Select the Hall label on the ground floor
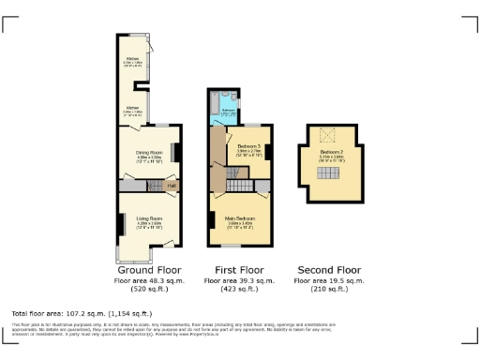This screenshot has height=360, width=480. pos(172,186)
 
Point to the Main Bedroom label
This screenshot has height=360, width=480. pos(242,223)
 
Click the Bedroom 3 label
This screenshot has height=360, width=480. pos(247,148)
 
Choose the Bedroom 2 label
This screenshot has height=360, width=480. pos(329,152)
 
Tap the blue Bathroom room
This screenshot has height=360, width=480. pos(228,109)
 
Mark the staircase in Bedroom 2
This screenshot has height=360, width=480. pos(329,170)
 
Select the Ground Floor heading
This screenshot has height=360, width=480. pos(142,268)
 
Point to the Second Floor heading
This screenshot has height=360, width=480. pos(328,268)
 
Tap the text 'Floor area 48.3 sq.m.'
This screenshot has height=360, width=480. pos(142,279)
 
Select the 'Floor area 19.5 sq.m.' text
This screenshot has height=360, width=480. pos(328,279)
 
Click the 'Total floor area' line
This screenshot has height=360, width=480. pos(82,313)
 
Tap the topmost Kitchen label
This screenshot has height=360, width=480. pos(132,63)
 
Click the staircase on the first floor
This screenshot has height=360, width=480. pos(231,176)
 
